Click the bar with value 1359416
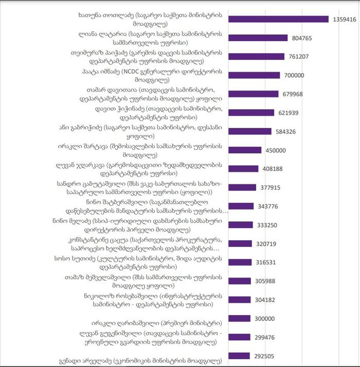coord(278,19)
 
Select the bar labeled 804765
coord(258,38)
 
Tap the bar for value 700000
coord(254,75)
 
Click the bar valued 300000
coord(239,318)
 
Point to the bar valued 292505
coord(239,356)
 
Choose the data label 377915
coord(272,187)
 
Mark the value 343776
coord(269,206)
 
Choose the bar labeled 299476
coord(239,337)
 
